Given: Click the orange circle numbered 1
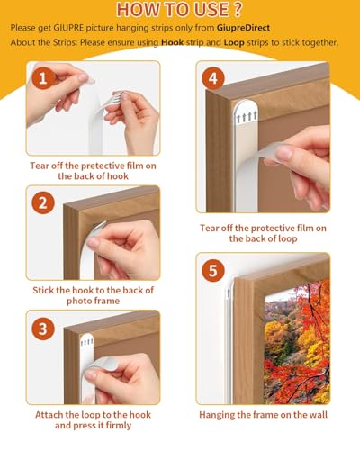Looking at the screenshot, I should click(x=41, y=80).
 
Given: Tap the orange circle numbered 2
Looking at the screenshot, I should click(x=41, y=203).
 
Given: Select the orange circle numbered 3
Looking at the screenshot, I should click(x=41, y=328).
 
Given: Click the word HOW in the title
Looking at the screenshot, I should click(x=136, y=11).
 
